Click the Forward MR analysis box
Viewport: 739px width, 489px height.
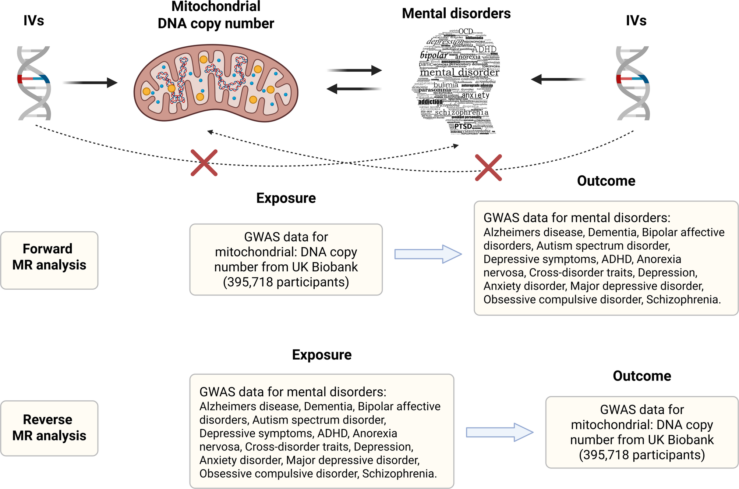[x=49, y=260]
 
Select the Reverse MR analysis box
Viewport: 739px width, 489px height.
[x=49, y=428]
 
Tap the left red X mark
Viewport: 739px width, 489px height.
[x=204, y=163]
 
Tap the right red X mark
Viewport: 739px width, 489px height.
[x=488, y=168]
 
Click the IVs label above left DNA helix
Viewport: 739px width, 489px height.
[x=33, y=21]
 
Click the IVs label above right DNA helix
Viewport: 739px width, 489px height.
[x=636, y=21]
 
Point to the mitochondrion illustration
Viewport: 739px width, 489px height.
[x=216, y=83]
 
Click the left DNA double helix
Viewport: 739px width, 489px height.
[x=34, y=83]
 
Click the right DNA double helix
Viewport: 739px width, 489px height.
[x=633, y=83]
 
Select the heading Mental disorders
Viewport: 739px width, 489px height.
[x=456, y=14]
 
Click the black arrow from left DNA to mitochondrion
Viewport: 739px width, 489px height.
[x=90, y=83]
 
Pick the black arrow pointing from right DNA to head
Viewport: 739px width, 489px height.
[x=558, y=79]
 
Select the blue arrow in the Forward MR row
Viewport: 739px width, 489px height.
[x=428, y=254]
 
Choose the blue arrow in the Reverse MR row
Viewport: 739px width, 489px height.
[x=499, y=432]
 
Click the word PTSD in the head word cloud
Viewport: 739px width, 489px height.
[x=463, y=126]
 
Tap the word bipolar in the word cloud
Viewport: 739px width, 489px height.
[x=434, y=56]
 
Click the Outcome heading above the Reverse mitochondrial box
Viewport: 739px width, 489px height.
[x=641, y=376]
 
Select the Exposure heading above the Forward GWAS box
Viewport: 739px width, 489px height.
[x=286, y=198]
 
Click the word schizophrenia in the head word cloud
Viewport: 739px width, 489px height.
[x=462, y=113]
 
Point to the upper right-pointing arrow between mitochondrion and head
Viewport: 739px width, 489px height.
[x=354, y=70]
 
